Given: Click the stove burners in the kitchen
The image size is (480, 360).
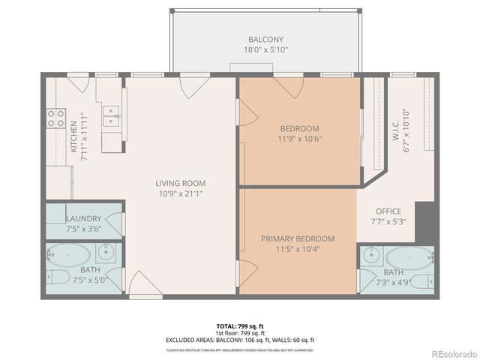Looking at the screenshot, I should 56,118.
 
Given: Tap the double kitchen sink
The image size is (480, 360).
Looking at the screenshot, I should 112,116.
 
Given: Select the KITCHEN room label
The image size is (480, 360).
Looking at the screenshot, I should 73,137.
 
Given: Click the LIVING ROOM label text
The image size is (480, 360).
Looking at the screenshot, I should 181,183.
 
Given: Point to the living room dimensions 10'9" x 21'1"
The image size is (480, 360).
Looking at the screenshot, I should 181,193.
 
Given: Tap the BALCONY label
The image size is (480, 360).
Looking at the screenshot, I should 266,39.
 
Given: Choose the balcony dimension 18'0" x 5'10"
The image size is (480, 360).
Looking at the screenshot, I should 266,49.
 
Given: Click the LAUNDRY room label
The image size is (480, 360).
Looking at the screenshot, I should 83,218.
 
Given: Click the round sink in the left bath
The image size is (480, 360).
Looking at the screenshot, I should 108,252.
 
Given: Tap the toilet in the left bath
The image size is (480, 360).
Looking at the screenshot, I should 54,277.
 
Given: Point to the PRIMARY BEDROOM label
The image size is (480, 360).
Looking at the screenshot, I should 298,238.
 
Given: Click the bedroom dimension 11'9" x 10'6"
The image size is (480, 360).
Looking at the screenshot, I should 300,138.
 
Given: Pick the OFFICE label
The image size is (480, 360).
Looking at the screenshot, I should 388,211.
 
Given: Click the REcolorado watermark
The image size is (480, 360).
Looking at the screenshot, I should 452,353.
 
